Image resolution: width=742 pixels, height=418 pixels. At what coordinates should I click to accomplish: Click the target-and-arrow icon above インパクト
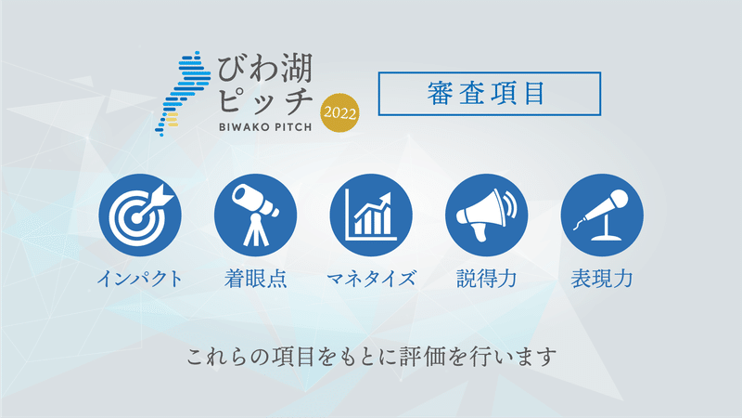pos(140,216)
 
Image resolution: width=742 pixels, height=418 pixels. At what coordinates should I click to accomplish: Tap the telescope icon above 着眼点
pos(256,216)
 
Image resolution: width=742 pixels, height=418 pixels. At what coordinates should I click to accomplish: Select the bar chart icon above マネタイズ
pos(371,216)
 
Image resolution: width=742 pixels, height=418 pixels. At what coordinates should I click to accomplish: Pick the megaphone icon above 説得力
pos(486,216)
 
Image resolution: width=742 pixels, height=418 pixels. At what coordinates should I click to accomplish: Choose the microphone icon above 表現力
pos(602,216)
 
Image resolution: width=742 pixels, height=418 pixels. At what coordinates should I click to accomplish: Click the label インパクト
pos(140,279)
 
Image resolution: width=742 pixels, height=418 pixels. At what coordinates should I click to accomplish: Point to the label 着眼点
pos(256,279)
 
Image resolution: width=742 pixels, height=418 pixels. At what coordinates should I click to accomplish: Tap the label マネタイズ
pos(371,279)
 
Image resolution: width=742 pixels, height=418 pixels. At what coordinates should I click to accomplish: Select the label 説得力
pos(486,279)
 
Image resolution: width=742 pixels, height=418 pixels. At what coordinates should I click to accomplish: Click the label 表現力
pos(602,279)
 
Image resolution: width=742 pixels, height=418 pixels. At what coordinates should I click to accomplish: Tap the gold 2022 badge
pos(339,112)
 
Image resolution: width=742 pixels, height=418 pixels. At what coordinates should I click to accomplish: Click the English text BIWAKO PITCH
pos(265,127)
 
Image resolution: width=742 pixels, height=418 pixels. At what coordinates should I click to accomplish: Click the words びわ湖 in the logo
pos(265,69)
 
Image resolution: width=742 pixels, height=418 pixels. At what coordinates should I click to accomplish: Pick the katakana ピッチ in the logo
pos(266,100)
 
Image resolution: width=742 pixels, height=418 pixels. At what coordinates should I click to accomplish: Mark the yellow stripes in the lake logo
pos(171,120)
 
